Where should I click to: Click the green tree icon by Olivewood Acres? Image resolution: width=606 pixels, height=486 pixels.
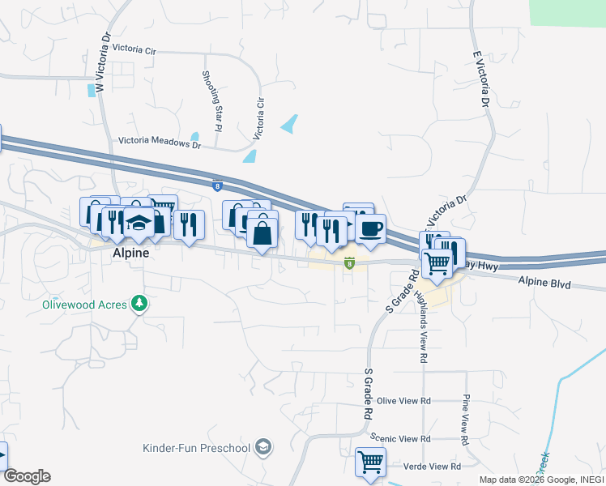141,304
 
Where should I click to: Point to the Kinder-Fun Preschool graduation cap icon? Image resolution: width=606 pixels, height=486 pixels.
262,447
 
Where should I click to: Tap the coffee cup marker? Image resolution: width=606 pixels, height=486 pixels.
370,229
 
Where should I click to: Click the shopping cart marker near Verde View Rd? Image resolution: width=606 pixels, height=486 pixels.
370,463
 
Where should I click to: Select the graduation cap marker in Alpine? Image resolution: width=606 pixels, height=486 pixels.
139,223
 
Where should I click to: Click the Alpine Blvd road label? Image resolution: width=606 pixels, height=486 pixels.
544,284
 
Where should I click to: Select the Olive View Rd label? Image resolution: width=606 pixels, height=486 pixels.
403,401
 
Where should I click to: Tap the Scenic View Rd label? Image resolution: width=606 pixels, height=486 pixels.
399,438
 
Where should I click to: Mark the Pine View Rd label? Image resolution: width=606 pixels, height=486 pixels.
465,420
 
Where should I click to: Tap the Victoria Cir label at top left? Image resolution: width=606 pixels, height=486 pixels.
134,49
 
